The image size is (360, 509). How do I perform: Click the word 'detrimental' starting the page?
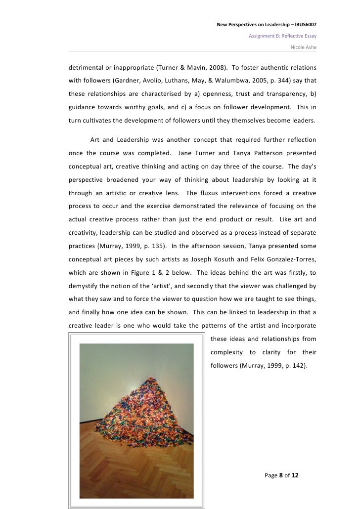pos(87,66)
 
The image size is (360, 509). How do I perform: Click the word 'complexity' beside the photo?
pos(227,352)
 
